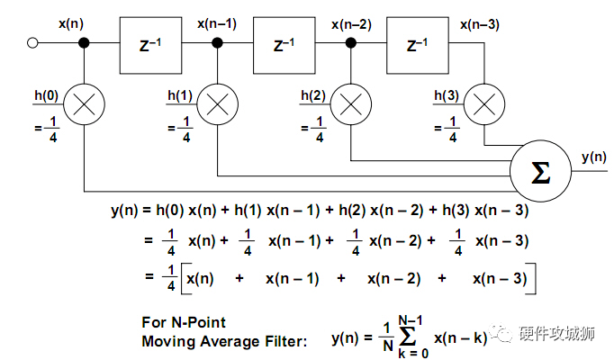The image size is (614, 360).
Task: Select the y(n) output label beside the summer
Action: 594,157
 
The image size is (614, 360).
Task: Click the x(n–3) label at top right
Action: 480,24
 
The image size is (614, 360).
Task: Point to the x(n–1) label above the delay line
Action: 217,24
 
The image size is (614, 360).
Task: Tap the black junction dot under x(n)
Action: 85,42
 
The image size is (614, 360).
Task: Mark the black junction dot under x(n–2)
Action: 351,42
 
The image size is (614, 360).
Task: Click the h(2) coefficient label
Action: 313,95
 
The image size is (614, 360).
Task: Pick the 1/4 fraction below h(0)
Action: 53,129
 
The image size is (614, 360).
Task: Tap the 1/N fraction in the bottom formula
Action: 387,337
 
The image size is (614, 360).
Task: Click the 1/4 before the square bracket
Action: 171,278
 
